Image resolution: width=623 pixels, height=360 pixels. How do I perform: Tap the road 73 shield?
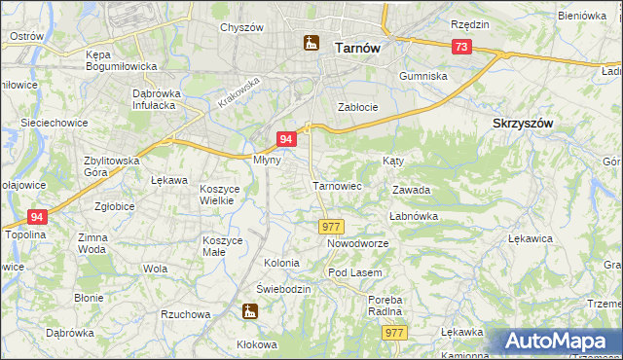pos(461,48)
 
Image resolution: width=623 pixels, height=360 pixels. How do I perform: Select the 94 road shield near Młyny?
pos(286,140)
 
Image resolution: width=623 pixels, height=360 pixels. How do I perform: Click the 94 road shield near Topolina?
pos(37,217)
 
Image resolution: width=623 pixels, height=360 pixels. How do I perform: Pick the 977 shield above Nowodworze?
pos(329,226)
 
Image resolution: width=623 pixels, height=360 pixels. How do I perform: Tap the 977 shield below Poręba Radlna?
pos(394,333)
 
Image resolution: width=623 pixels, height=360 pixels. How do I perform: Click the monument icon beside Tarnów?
pos(311,43)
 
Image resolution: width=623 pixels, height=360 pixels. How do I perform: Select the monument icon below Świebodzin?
pos(250,311)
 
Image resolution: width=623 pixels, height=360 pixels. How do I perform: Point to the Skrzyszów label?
pos(523,124)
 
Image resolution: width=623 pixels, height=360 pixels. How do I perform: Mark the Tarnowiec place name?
pos(338,185)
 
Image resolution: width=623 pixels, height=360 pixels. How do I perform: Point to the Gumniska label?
pos(423,75)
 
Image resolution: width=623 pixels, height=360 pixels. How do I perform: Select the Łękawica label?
pos(531,237)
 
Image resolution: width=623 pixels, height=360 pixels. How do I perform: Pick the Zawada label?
pos(411,191)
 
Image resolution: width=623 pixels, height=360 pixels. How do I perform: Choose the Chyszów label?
pos(242,27)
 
